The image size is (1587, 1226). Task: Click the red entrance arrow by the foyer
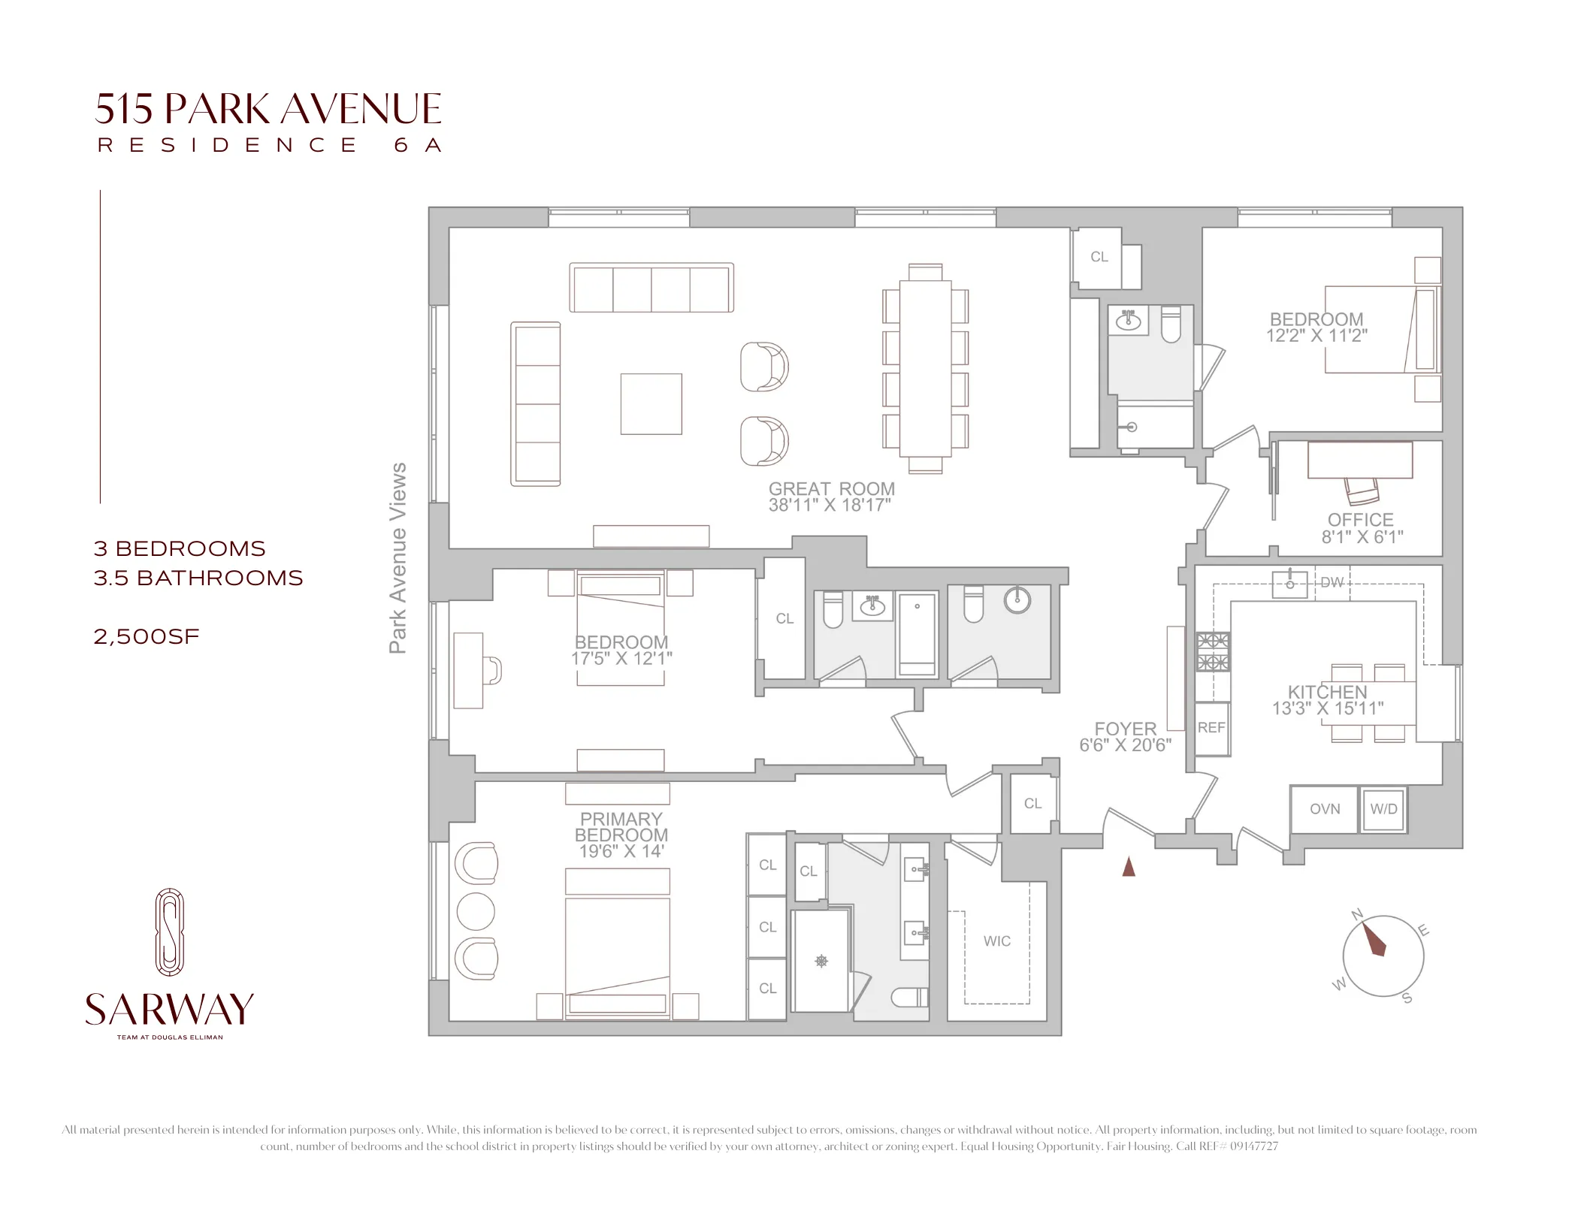pyautogui.click(x=1128, y=867)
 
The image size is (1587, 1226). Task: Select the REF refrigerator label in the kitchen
pyautogui.click(x=1211, y=727)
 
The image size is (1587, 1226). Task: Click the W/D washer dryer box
pyautogui.click(x=1383, y=809)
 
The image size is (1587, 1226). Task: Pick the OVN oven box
pyautogui.click(x=1324, y=809)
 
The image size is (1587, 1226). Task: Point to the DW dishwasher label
pyautogui.click(x=1332, y=582)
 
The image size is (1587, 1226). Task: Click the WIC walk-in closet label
pyautogui.click(x=996, y=941)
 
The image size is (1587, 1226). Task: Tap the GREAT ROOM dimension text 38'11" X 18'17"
pyautogui.click(x=830, y=506)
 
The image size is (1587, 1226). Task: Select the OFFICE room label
pyautogui.click(x=1360, y=520)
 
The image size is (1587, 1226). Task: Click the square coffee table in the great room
pyautogui.click(x=651, y=403)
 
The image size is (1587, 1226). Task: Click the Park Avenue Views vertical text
pyautogui.click(x=398, y=557)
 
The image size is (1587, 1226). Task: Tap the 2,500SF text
pyautogui.click(x=147, y=636)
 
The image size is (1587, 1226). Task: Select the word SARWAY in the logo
pyautogui.click(x=170, y=1009)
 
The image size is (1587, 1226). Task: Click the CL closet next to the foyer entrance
pyautogui.click(x=1032, y=803)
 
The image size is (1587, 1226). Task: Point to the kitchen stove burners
pyautogui.click(x=1213, y=651)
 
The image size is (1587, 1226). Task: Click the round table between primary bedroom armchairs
pyautogui.click(x=475, y=912)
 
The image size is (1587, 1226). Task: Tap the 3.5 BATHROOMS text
pyautogui.click(x=198, y=578)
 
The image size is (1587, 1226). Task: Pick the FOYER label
pyautogui.click(x=1125, y=729)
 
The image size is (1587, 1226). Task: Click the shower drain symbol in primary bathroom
pyautogui.click(x=821, y=961)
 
